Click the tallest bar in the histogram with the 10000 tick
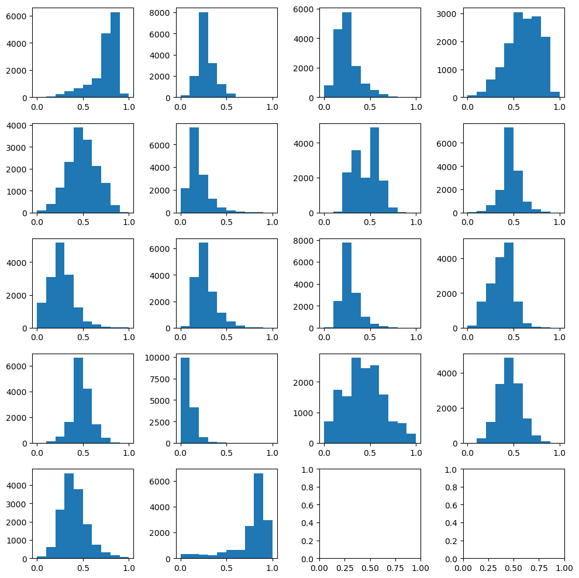click(185, 400)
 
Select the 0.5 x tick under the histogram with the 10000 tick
click(226, 452)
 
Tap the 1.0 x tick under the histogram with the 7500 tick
click(273, 452)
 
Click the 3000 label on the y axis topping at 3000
click(452, 13)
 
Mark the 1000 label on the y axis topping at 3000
click(452, 70)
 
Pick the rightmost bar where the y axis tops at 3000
click(554, 95)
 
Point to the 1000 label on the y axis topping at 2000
click(308, 413)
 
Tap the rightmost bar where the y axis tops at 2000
click(411, 438)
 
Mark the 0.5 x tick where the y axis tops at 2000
click(370, 452)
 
